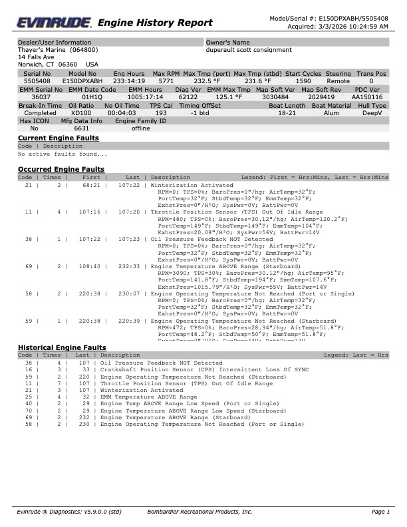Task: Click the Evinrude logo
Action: click(x=53, y=22)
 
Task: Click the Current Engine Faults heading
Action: click(x=58, y=138)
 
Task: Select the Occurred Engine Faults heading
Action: click(x=61, y=170)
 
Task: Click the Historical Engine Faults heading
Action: click(x=61, y=347)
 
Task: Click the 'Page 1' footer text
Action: click(x=380, y=512)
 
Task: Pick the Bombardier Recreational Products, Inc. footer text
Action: click(x=199, y=512)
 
